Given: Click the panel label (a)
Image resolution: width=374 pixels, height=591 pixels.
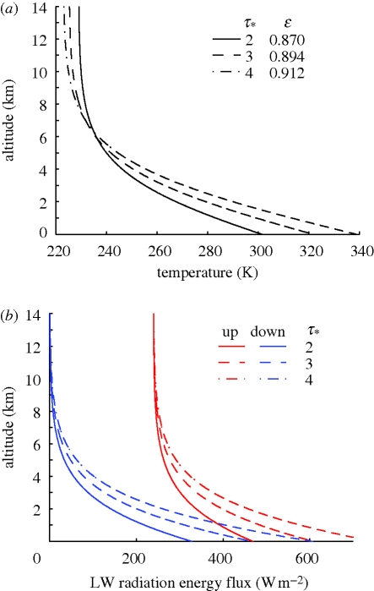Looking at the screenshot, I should [13, 8].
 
